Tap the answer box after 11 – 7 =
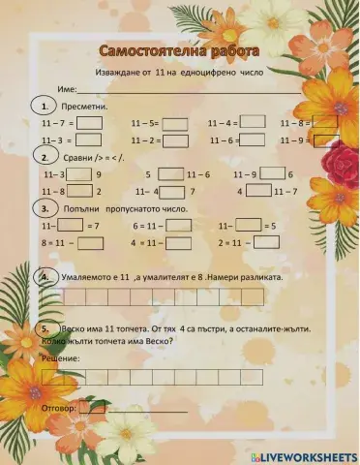pyautogui.click(x=90, y=123)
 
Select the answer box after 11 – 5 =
pyautogui.click(x=175, y=123)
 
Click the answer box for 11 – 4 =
pyautogui.click(x=253, y=122)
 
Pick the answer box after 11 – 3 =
pyautogui.click(x=88, y=140)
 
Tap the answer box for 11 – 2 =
pyautogui.click(x=175, y=140)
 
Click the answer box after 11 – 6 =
pyautogui.click(x=253, y=140)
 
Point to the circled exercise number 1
pyautogui.click(x=41, y=105)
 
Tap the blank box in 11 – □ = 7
pyautogui.click(x=70, y=225)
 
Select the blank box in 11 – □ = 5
pyautogui.click(x=250, y=225)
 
